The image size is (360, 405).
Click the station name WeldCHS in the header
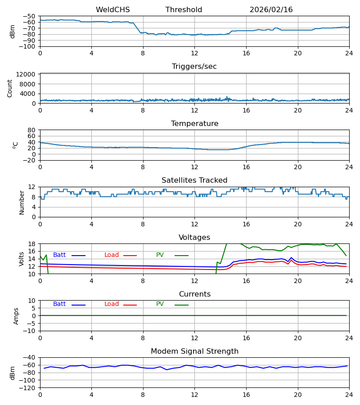(x=112, y=10)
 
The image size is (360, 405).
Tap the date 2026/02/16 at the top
(x=271, y=10)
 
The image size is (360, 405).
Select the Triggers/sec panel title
(x=194, y=67)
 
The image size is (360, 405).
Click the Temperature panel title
(x=194, y=124)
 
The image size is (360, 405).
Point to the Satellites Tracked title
(x=194, y=180)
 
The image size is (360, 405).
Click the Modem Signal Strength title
(x=194, y=351)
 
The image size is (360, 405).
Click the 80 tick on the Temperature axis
(x=32, y=130)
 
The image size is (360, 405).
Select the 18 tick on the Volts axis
(x=32, y=244)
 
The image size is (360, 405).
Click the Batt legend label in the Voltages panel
(x=59, y=255)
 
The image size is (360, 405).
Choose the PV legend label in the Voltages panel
(x=160, y=255)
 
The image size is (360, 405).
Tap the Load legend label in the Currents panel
(x=112, y=304)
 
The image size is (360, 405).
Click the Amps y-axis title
(x=16, y=316)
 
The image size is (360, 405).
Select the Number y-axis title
(x=22, y=202)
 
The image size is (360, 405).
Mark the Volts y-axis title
(x=22, y=259)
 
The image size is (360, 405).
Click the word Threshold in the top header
(x=184, y=10)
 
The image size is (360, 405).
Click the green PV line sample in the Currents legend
(x=182, y=305)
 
